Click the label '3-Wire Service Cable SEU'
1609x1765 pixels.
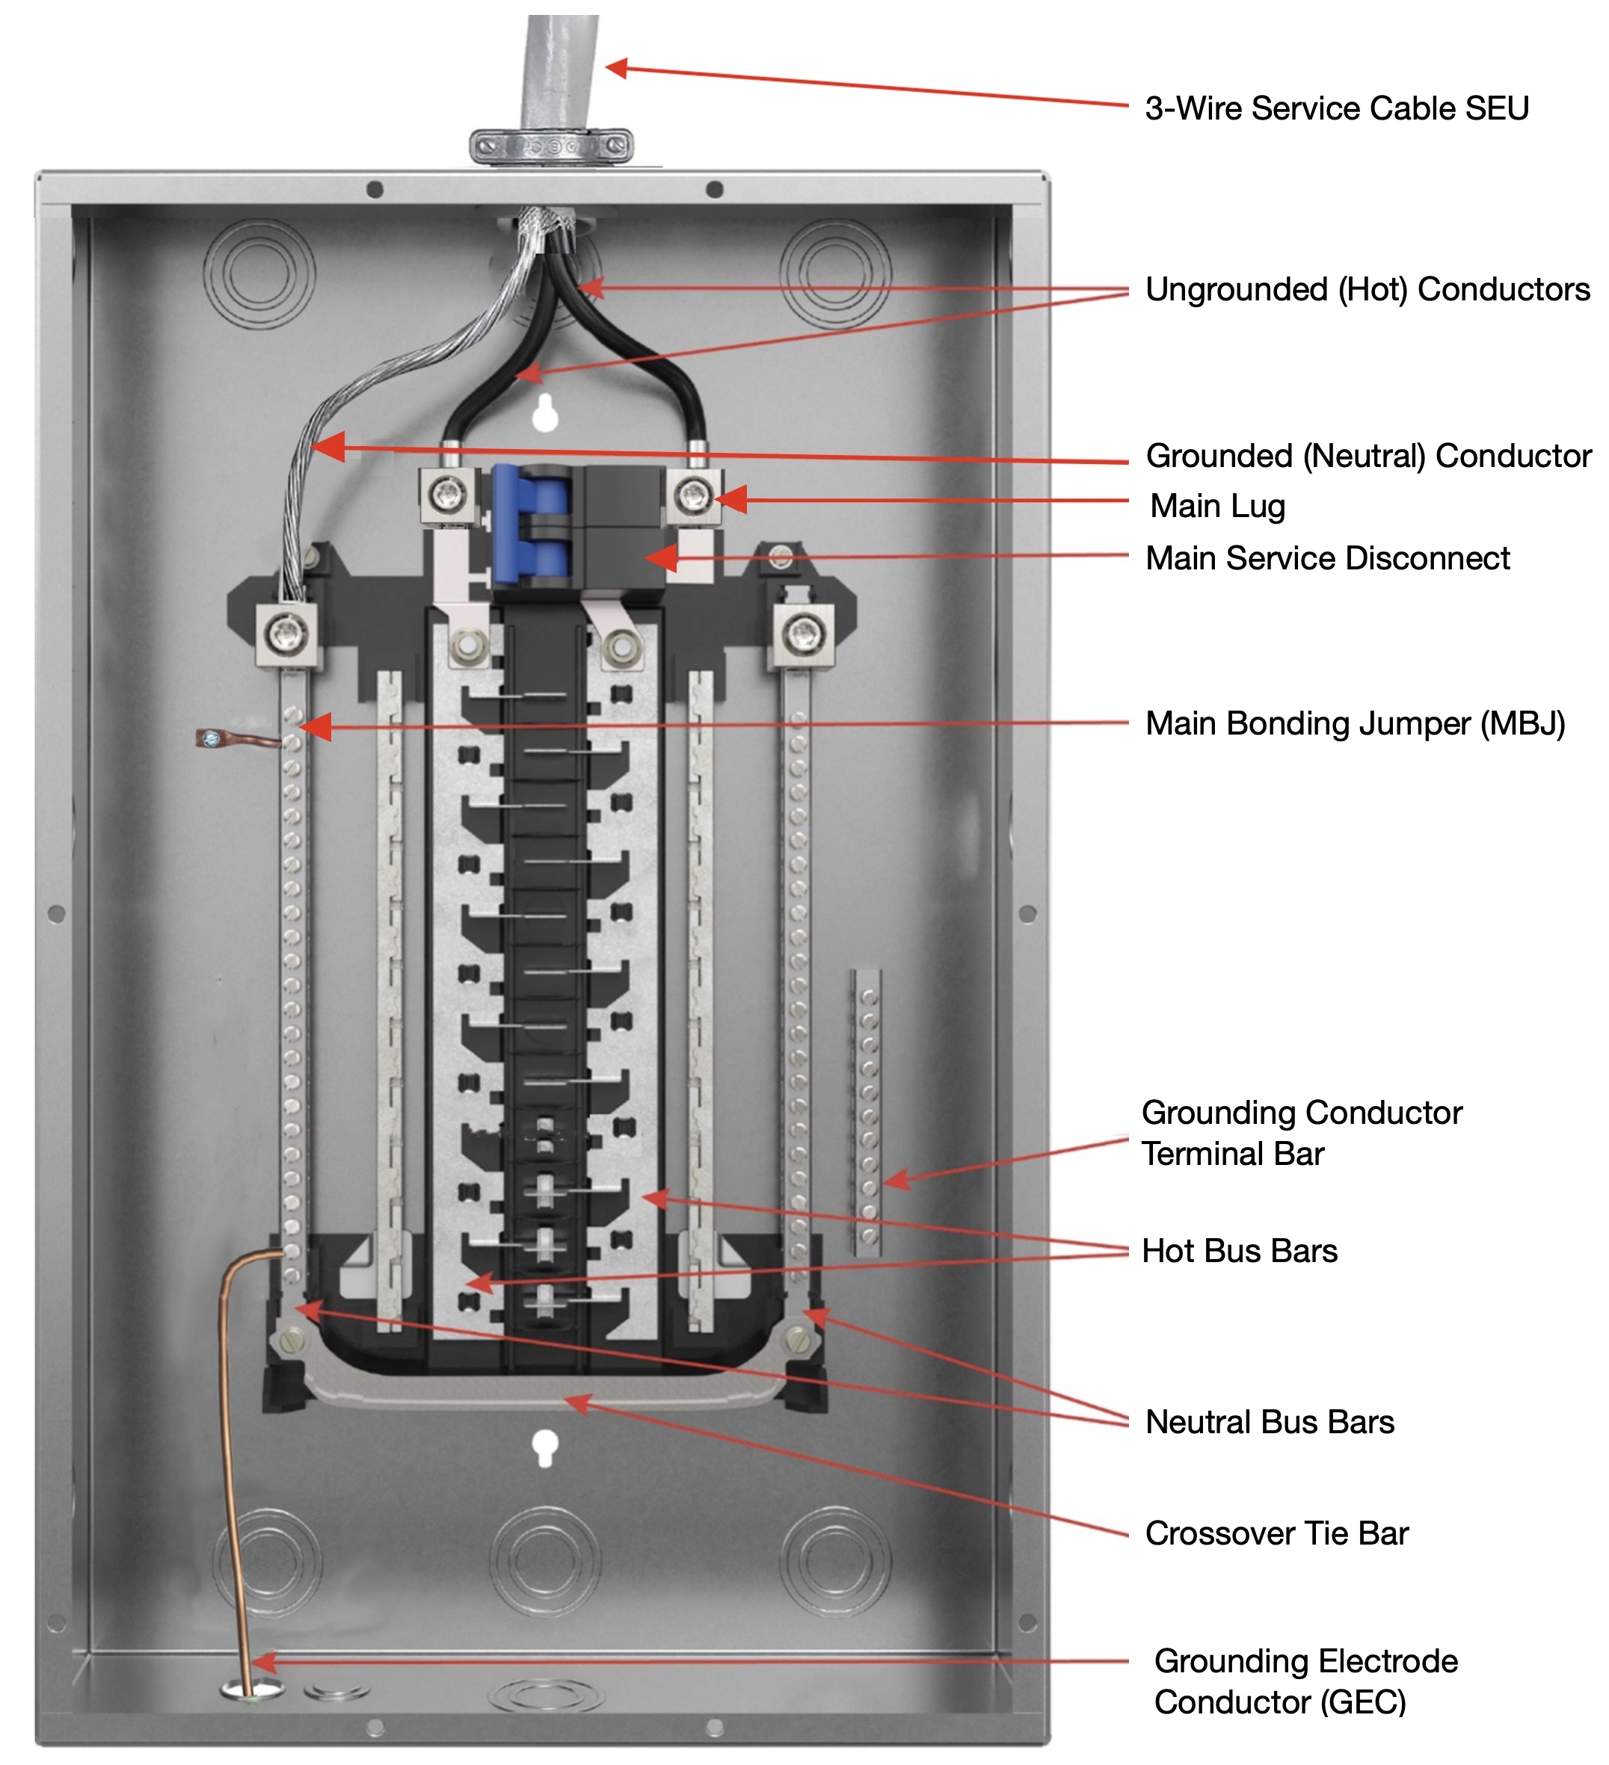click(x=1337, y=108)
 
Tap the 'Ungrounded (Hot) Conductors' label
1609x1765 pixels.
click(x=1368, y=290)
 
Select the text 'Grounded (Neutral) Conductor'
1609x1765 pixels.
click(x=1368, y=456)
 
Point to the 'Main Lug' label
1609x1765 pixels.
click(x=1217, y=506)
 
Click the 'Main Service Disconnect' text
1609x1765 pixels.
click(x=1328, y=558)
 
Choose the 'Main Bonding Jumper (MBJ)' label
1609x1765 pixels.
click(x=1355, y=724)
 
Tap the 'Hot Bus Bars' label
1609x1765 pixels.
click(x=1240, y=1251)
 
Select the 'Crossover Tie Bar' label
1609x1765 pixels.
click(x=1277, y=1533)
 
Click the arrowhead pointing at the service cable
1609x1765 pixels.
click(x=618, y=68)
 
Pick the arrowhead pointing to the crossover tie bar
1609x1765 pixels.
click(x=578, y=1403)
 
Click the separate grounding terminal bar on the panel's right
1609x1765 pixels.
click(x=867, y=1112)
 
